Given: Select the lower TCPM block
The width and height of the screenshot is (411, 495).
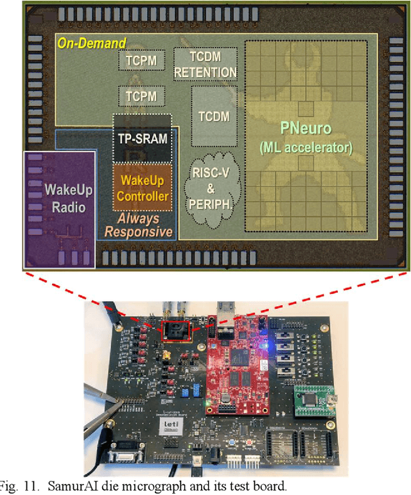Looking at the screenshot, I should [x=137, y=97].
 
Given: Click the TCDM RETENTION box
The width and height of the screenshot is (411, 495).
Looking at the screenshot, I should [x=205, y=64].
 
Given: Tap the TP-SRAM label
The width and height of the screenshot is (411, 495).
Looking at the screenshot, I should [x=142, y=138].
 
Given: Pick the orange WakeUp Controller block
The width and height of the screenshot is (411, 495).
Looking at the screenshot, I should [x=142, y=188].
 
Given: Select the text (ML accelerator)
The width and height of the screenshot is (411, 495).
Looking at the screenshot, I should [x=306, y=148].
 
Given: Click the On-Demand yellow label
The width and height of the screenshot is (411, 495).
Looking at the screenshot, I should [x=92, y=44].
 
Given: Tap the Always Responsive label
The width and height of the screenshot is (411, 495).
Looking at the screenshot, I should [x=139, y=225].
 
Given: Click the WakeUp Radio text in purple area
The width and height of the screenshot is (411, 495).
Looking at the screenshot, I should [x=59, y=198].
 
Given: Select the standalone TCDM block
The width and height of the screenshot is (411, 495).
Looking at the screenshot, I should [x=214, y=116].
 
